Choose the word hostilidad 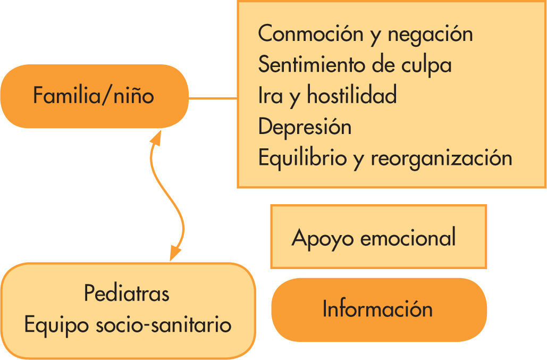(351, 96)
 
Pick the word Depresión (305, 127)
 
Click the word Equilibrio (302, 158)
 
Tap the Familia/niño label (94, 96)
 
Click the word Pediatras (127, 293)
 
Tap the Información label (377, 309)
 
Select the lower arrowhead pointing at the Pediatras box (174, 254)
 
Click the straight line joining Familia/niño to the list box (213, 98)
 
